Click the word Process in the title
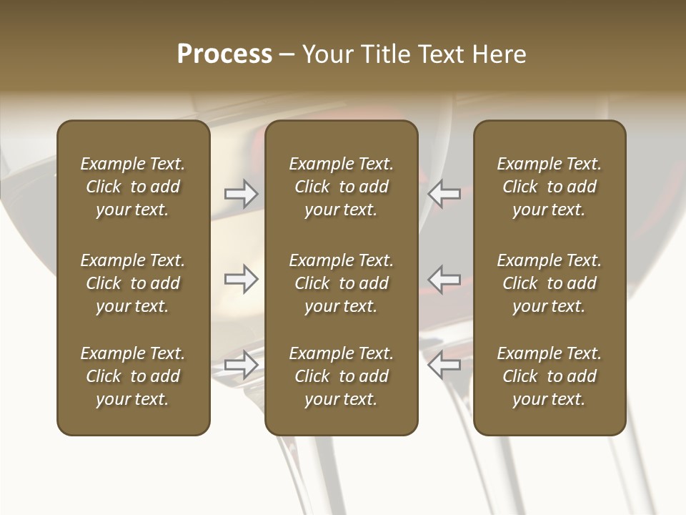point(224,54)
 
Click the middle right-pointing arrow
point(241,279)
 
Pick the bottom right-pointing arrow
point(241,365)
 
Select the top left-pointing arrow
point(444,193)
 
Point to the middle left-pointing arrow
point(444,279)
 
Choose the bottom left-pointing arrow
point(444,365)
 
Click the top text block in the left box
point(133,187)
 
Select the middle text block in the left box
point(133,283)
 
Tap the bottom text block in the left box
point(133,376)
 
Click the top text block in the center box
point(342,187)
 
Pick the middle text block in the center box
point(342,283)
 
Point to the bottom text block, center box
point(342,376)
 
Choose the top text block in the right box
point(550,187)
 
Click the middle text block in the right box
point(550,283)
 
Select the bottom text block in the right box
point(550,376)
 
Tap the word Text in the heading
point(438,54)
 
